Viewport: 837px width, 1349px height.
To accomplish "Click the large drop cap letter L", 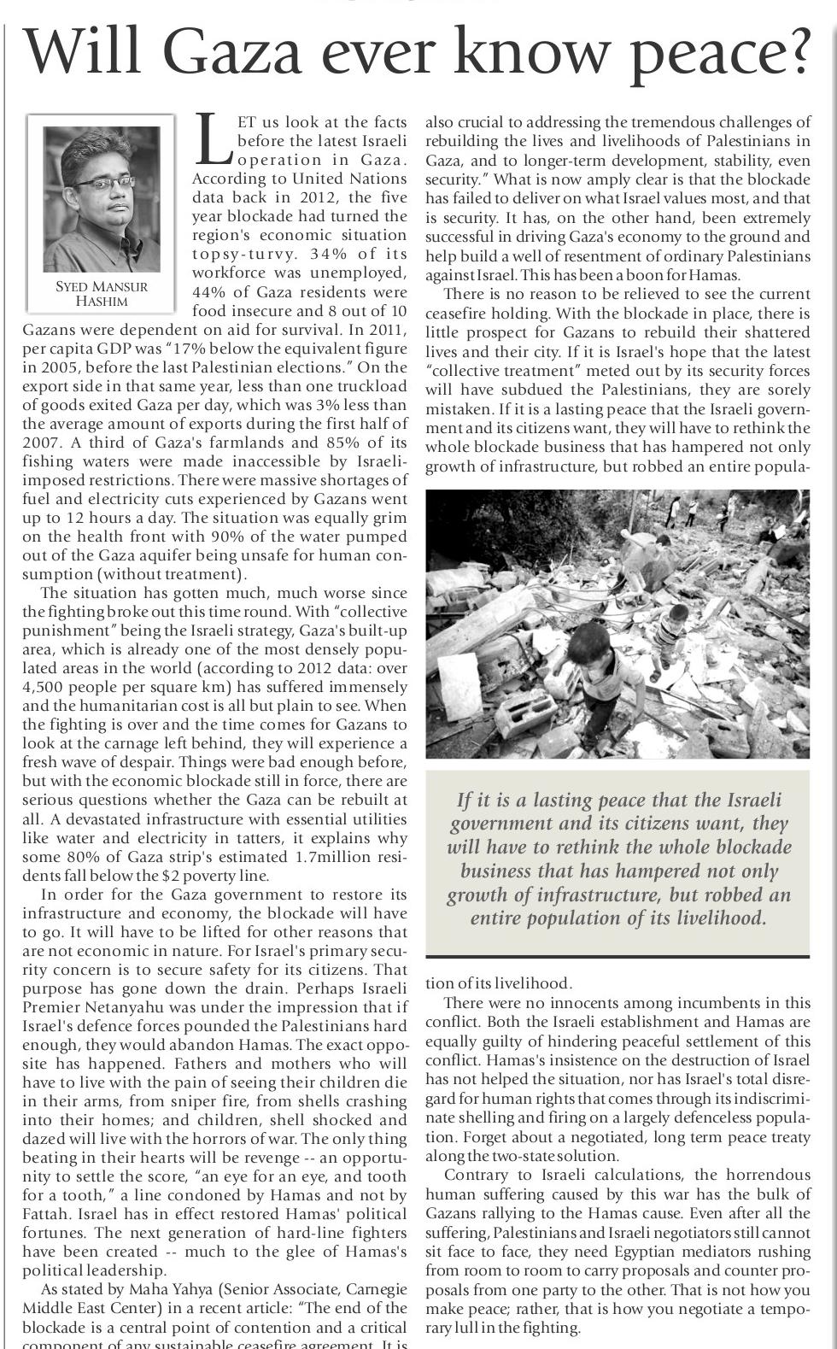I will point(213,140).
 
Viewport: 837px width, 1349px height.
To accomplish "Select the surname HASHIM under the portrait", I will point(102,302).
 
